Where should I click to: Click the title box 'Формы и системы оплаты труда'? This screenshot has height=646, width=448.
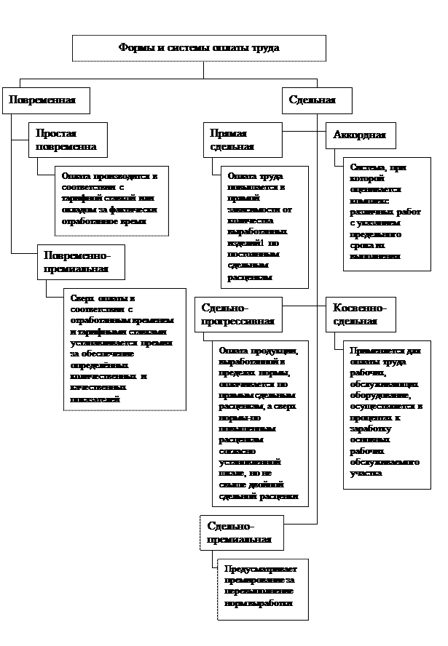tap(199, 48)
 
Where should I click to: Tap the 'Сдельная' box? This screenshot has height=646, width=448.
tap(317, 100)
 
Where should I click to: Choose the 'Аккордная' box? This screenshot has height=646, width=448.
tap(358, 135)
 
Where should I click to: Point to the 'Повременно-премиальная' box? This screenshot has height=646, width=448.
tap(80, 262)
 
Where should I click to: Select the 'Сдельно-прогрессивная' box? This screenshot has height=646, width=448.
tap(237, 314)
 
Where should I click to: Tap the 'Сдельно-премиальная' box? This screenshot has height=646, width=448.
tap(241, 533)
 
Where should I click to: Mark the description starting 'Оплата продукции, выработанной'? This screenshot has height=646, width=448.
tap(259, 422)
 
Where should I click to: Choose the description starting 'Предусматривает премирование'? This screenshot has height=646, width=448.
tap(262, 588)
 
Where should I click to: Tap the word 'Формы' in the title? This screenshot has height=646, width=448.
tap(132, 48)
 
